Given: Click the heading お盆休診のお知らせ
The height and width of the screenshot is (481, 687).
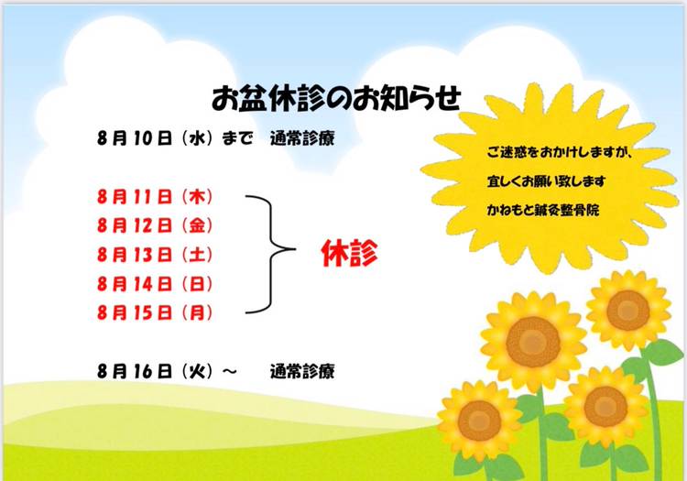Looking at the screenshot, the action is click(x=336, y=99).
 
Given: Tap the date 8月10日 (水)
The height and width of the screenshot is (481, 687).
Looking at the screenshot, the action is click(x=155, y=138).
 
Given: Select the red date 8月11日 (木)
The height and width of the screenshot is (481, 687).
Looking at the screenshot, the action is click(x=155, y=197).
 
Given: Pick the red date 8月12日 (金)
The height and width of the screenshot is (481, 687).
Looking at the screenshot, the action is click(x=155, y=225).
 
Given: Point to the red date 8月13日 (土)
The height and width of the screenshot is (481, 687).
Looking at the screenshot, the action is click(x=155, y=255).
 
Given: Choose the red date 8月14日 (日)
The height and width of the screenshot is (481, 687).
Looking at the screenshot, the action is click(x=155, y=284).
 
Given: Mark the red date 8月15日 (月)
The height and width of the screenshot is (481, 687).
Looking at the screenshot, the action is click(x=155, y=312).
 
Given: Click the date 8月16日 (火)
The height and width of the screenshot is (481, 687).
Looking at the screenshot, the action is click(x=155, y=371).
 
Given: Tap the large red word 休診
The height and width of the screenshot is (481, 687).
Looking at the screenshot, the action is click(x=349, y=253).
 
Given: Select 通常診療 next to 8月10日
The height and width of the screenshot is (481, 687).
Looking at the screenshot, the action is click(x=302, y=138).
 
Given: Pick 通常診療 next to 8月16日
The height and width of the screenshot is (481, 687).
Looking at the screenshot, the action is click(x=302, y=371).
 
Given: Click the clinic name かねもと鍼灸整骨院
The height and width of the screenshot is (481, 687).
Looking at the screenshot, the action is click(x=543, y=210).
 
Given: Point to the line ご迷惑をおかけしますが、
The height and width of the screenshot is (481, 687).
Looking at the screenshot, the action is click(x=560, y=152).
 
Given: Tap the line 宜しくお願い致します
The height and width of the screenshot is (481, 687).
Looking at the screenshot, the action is click(x=546, y=180).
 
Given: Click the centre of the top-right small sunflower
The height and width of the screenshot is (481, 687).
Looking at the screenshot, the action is click(x=628, y=311).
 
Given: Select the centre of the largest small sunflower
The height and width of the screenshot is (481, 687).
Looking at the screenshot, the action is click(x=533, y=342).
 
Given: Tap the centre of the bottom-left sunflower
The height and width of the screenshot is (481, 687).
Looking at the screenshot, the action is click(x=479, y=421).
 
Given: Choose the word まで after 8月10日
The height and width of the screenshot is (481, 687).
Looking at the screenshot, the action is click(x=237, y=138).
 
